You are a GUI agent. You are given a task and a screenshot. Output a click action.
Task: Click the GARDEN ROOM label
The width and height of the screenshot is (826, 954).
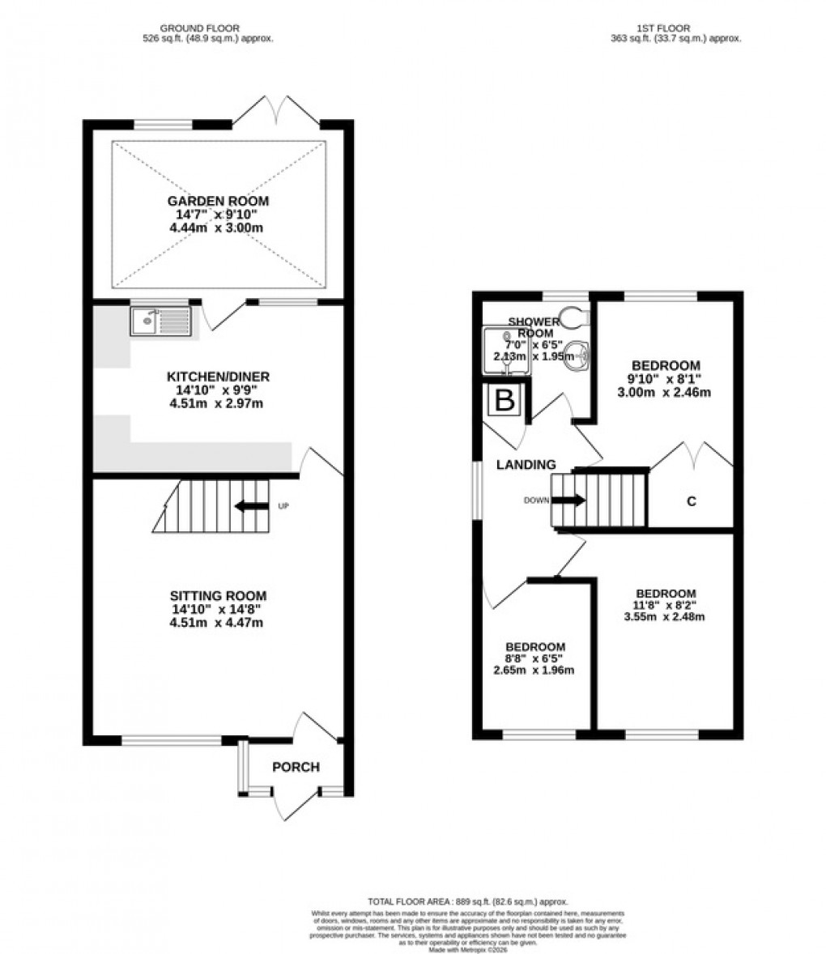click(218, 201)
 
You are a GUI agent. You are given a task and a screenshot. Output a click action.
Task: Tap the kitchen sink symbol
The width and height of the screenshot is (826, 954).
click(160, 321)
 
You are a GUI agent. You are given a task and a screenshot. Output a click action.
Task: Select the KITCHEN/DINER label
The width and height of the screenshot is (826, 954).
click(218, 377)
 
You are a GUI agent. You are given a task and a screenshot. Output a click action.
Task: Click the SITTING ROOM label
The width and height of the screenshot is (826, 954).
click(218, 595)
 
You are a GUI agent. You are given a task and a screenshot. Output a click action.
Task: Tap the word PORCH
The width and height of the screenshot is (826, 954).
click(296, 767)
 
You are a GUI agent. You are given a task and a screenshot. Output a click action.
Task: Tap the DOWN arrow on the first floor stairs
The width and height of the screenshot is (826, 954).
click(568, 500)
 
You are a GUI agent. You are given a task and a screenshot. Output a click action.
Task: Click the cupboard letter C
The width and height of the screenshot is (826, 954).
click(691, 501)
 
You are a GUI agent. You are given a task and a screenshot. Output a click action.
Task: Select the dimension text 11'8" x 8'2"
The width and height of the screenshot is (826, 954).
click(666, 604)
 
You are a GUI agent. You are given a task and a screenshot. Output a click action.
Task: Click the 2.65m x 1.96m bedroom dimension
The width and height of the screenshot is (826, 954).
click(534, 670)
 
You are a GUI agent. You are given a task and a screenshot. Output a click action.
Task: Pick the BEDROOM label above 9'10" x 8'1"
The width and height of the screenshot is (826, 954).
click(666, 365)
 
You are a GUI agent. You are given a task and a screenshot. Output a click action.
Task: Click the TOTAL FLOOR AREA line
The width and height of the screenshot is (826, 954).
click(468, 901)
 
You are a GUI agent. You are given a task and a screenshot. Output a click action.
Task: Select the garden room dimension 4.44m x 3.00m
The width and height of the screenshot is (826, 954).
click(218, 228)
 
